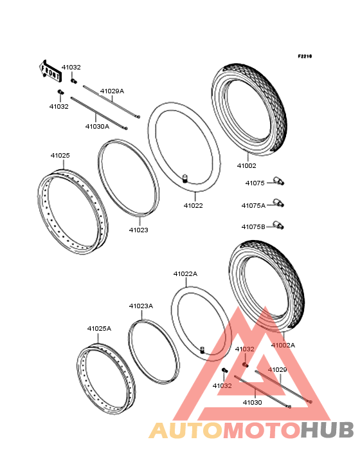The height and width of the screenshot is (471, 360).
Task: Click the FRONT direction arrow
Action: (50, 71)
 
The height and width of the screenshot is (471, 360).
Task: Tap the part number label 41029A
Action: (112, 91)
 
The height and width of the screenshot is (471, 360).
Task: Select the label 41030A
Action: (97, 127)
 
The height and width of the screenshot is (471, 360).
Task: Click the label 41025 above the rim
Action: (60, 155)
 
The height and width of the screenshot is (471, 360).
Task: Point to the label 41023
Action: (139, 230)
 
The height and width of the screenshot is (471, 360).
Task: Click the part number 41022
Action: (194, 205)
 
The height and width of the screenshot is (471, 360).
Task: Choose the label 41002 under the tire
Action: (247, 165)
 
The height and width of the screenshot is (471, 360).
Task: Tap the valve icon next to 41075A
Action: (278, 203)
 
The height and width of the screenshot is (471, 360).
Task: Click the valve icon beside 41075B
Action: (278, 225)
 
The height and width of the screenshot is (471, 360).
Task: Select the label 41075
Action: (255, 183)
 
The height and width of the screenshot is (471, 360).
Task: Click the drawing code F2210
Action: (305, 56)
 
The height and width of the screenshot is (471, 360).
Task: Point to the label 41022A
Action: (185, 273)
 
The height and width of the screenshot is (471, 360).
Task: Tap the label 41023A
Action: (141, 306)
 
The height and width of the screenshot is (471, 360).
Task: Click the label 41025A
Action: (99, 328)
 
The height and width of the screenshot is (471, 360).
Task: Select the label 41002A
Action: (283, 345)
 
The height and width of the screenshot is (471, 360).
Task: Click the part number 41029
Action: (278, 369)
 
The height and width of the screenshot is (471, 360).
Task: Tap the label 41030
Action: (252, 402)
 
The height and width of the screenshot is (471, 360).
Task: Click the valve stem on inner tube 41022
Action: (185, 178)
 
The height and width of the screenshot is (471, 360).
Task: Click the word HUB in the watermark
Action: (328, 430)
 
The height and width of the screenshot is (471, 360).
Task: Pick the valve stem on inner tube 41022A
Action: (203, 350)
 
